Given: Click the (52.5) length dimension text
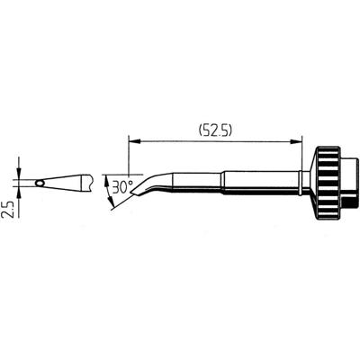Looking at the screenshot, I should click(216, 129).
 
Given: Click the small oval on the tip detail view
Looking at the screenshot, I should click(40, 184).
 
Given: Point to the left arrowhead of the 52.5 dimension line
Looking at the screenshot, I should click(134, 139).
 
